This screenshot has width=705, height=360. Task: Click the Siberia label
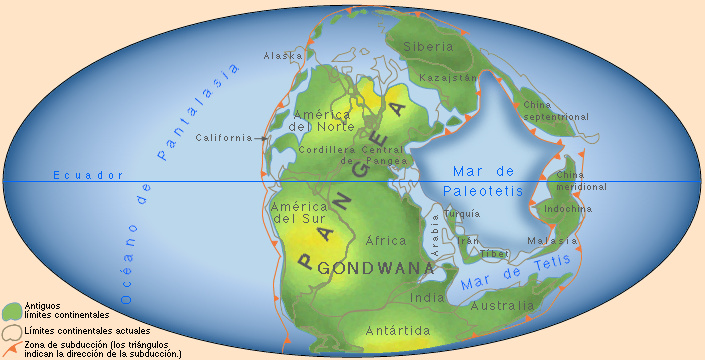click(x=428, y=46)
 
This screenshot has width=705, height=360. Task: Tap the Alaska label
click(x=282, y=56)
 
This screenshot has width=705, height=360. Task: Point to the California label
click(x=224, y=137)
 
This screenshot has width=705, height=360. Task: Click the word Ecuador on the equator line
click(x=88, y=175)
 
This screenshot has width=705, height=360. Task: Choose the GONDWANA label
click(x=374, y=268)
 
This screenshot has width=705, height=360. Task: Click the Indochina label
click(x=568, y=209)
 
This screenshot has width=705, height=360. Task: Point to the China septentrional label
click(x=556, y=110)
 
